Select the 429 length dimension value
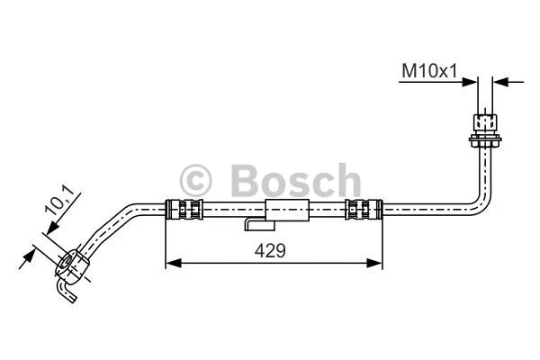[x=266, y=252]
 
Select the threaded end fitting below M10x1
[x=485, y=121]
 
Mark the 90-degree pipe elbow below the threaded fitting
[x=481, y=200]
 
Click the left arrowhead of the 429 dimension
[x=171, y=263]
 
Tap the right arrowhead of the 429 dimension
[x=376, y=263]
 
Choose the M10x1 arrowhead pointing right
[x=470, y=82]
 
